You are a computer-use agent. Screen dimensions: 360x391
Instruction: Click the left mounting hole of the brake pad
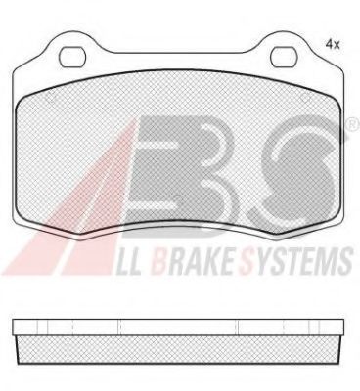click(x=72, y=58)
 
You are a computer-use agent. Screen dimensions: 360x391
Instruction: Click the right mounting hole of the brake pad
click(x=284, y=58)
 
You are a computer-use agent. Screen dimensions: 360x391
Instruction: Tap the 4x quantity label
click(x=333, y=45)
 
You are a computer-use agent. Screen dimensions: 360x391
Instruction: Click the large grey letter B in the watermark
click(x=180, y=175)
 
